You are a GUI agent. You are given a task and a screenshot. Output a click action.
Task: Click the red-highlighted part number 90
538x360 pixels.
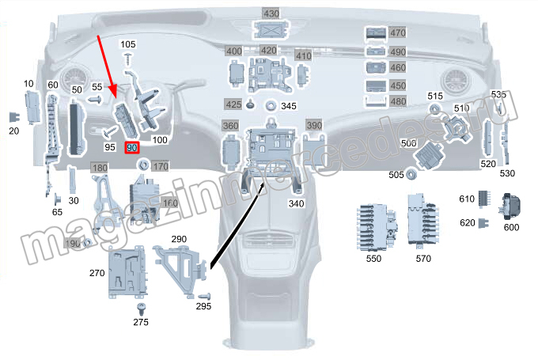pos(132,148)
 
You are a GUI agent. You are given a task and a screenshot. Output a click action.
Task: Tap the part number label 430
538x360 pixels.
pos(271,14)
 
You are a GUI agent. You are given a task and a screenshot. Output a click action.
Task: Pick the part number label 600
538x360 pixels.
pos(511,227)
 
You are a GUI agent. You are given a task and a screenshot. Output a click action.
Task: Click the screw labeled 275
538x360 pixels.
pos(142,308)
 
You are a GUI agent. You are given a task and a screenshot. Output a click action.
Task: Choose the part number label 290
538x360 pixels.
pos(179,239)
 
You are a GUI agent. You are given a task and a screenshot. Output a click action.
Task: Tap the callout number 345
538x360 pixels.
pos(288,106)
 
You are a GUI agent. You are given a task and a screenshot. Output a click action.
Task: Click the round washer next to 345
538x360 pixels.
pos(271,105)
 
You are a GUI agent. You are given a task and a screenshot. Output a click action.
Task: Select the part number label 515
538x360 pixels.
pos(435,97)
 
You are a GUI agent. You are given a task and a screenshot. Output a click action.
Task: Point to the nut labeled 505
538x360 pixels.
pos(412,174)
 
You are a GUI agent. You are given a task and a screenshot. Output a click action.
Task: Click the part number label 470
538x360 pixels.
pos(397,33)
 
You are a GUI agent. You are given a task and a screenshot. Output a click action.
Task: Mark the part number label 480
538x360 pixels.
pos(397,102)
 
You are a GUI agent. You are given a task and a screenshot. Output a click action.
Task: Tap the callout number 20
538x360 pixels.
pos(13,131)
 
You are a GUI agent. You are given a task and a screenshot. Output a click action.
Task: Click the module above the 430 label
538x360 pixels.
pos(271,30)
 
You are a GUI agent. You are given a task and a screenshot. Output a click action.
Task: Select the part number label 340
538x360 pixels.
pos(296,203)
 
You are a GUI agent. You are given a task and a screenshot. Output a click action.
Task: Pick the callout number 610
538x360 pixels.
pos(466,199)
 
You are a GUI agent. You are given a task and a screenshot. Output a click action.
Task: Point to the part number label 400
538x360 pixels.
pos(234,51)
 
